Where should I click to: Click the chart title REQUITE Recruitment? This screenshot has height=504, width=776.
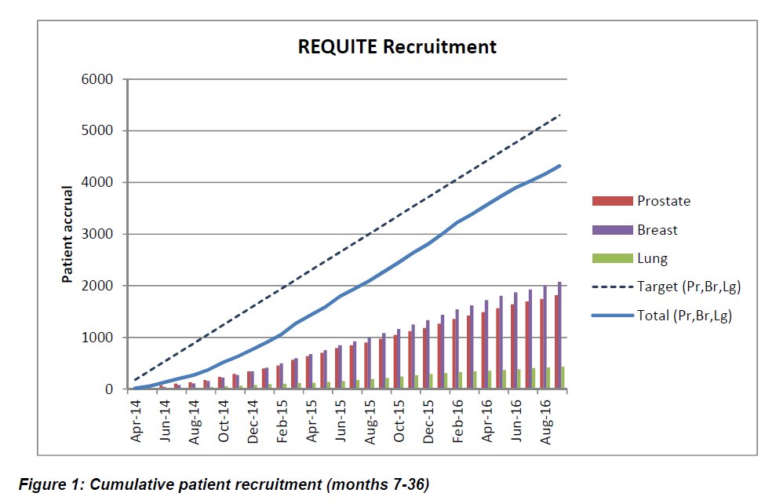[396, 46]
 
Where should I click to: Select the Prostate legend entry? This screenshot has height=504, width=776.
[663, 201]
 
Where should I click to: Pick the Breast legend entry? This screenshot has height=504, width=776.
[657, 230]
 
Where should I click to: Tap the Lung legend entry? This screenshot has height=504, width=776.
[652, 257]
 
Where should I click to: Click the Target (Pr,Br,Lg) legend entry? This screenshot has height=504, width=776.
[688, 287]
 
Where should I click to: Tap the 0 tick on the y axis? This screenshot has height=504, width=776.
[110, 389]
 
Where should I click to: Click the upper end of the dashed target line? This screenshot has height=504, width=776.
[560, 115]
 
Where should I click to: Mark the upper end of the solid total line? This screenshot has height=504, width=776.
[560, 166]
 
